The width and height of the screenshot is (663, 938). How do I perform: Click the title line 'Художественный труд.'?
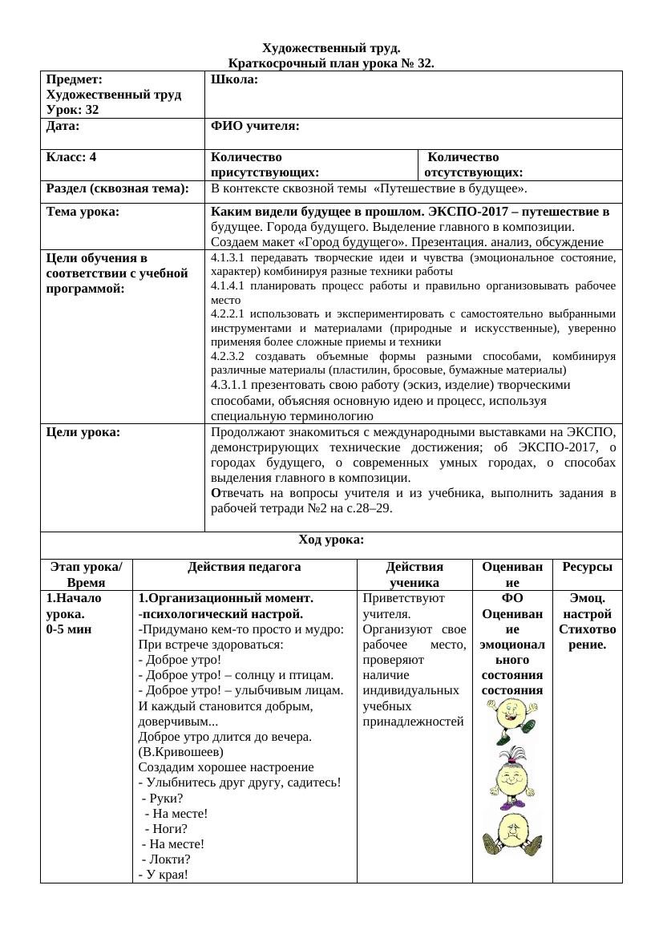331,49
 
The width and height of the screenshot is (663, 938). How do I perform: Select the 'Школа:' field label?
234,79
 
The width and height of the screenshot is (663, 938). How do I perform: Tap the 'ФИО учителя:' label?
255,126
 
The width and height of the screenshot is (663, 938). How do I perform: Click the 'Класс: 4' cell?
71,157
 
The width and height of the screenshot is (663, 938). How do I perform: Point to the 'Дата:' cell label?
63,126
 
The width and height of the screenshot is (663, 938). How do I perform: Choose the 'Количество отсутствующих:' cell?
474,164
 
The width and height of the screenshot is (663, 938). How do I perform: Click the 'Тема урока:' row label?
83,212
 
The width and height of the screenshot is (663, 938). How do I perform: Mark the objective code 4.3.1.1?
231,385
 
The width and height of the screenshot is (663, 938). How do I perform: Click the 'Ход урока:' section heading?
331,540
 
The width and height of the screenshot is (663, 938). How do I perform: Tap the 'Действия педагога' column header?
245,567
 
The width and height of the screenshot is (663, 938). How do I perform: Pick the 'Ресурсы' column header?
587,567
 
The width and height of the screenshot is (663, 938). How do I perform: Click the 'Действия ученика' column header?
414,574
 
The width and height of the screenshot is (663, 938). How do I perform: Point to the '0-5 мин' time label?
69,629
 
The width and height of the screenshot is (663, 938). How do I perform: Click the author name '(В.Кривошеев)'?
181,752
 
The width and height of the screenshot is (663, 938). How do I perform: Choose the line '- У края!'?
164,874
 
